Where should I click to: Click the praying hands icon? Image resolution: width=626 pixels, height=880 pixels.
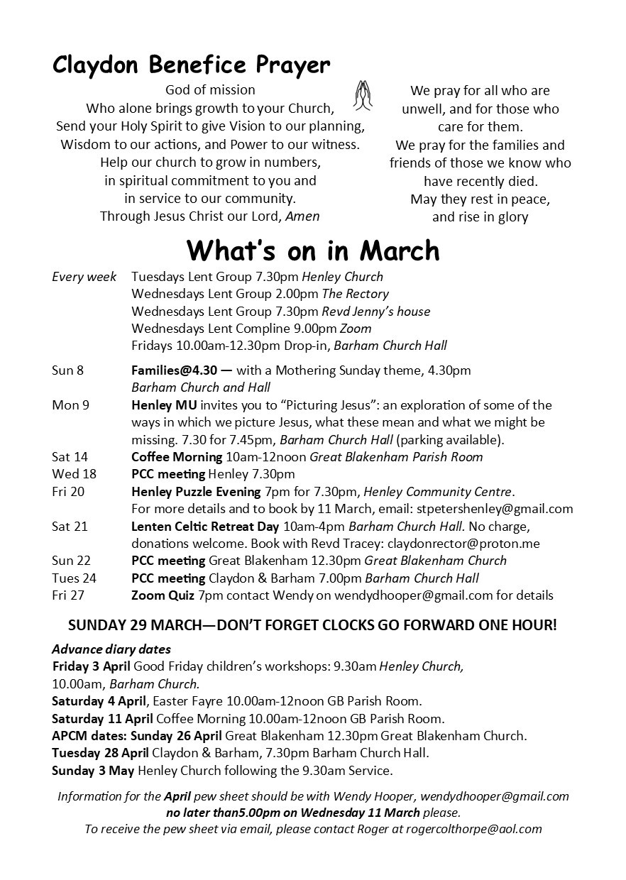coord(363,97)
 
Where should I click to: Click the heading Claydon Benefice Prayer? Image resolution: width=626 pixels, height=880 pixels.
coord(191,65)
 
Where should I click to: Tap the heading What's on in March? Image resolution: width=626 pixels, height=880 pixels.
coord(313,251)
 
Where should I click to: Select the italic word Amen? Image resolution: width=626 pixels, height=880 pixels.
coord(302,216)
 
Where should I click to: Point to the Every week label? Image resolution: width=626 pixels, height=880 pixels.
coord(84,277)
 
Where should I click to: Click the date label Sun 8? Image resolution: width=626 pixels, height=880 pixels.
coord(67,370)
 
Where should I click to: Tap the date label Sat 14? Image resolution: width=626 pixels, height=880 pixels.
coord(70,457)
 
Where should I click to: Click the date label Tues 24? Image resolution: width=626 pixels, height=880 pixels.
coord(74,578)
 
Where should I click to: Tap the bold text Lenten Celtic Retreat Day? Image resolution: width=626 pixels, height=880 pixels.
coord(205,527)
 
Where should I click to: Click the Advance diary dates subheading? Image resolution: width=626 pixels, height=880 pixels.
coord(111,649)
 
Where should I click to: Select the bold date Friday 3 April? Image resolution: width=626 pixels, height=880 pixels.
coord(92,666)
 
